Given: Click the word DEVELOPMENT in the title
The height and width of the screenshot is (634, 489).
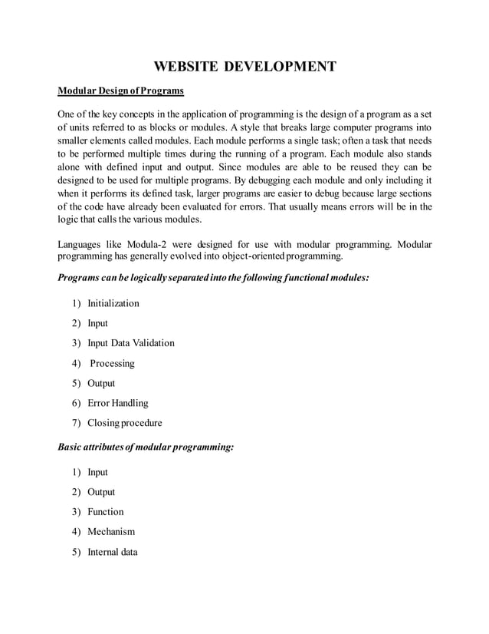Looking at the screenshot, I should (x=280, y=67).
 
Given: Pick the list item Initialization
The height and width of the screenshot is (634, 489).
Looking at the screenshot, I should (x=113, y=303).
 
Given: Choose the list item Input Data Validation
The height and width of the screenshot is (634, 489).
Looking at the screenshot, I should (x=131, y=343).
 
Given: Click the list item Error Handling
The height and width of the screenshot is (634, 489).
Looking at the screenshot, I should (x=118, y=403).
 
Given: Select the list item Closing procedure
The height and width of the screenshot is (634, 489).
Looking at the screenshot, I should (x=125, y=423).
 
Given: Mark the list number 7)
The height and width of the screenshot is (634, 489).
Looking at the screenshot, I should (x=77, y=423).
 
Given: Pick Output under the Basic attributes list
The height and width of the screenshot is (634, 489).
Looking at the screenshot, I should (x=101, y=492).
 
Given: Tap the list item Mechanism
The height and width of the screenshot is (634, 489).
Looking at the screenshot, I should (x=111, y=532).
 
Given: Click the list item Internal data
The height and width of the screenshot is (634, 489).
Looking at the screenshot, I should (x=113, y=552).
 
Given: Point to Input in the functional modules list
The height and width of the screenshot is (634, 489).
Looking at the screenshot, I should (x=98, y=323).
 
